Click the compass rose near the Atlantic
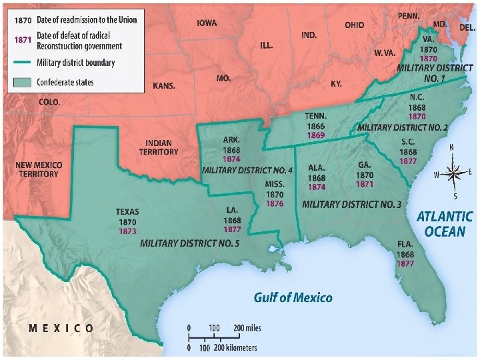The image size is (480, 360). pyautogui.click(x=453, y=172)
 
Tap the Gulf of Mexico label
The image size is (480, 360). pyautogui.click(x=293, y=297)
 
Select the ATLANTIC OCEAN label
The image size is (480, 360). pyautogui.click(x=445, y=224)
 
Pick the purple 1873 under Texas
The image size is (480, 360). pyautogui.click(x=127, y=231)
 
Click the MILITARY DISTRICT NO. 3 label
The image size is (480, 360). pyautogui.click(x=351, y=204)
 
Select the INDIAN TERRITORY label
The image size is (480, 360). pyautogui.click(x=159, y=147)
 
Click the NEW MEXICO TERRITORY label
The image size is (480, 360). pyautogui.click(x=38, y=169)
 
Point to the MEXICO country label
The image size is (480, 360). pyautogui.click(x=61, y=328)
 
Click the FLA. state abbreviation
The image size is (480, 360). pyautogui.click(x=405, y=245)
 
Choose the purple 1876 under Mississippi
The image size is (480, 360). pyautogui.click(x=275, y=203)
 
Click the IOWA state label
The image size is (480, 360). pyautogui.click(x=207, y=23)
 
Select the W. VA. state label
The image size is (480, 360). pyautogui.click(x=386, y=52)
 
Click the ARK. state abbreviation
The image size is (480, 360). pyautogui.click(x=232, y=141)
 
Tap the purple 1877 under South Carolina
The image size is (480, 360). pyautogui.click(x=409, y=161)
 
